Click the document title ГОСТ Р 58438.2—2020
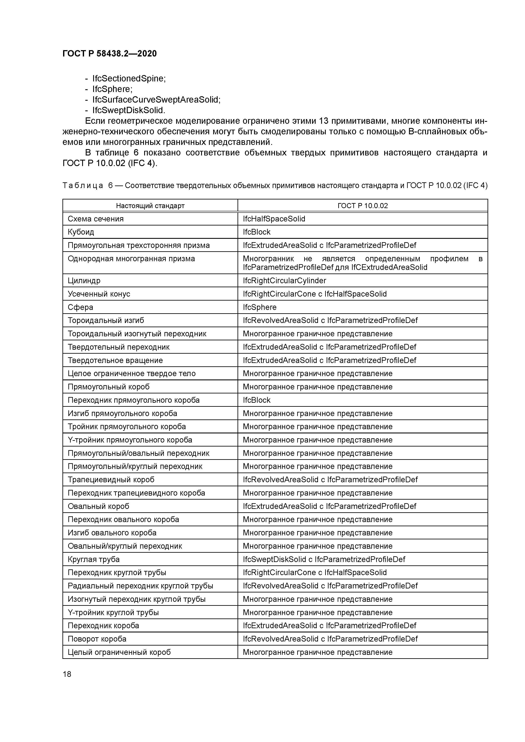click(x=109, y=54)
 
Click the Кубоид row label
click(x=81, y=232)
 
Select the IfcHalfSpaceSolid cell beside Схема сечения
click(x=274, y=219)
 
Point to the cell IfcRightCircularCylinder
click(x=284, y=280)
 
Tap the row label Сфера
click(x=80, y=307)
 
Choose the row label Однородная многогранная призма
click(x=131, y=258)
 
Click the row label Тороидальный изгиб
click(x=106, y=320)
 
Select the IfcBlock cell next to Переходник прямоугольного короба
click(x=257, y=400)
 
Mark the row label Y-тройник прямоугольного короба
click(x=130, y=440)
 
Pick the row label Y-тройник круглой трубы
click(x=113, y=612)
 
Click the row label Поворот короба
click(x=97, y=639)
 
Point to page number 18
click(x=67, y=674)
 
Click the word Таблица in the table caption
click(x=83, y=185)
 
